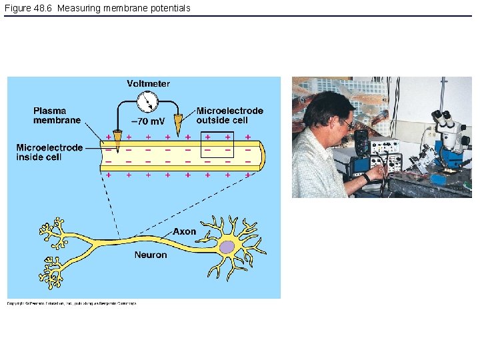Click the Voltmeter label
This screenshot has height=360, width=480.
click(x=148, y=84)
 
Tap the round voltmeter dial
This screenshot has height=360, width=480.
click(x=147, y=102)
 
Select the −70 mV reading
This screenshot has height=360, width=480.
click(x=148, y=121)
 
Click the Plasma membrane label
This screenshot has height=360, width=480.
click(x=57, y=115)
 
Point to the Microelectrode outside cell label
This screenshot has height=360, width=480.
click(x=229, y=115)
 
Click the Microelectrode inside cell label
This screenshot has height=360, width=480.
click(x=49, y=152)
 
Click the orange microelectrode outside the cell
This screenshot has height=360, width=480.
click(x=177, y=123)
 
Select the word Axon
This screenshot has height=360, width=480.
click(x=185, y=231)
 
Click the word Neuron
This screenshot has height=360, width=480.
click(x=151, y=255)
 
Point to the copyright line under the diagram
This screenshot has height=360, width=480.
click(x=72, y=303)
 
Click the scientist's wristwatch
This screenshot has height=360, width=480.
click(x=366, y=178)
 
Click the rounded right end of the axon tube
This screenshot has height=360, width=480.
click(x=262, y=157)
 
